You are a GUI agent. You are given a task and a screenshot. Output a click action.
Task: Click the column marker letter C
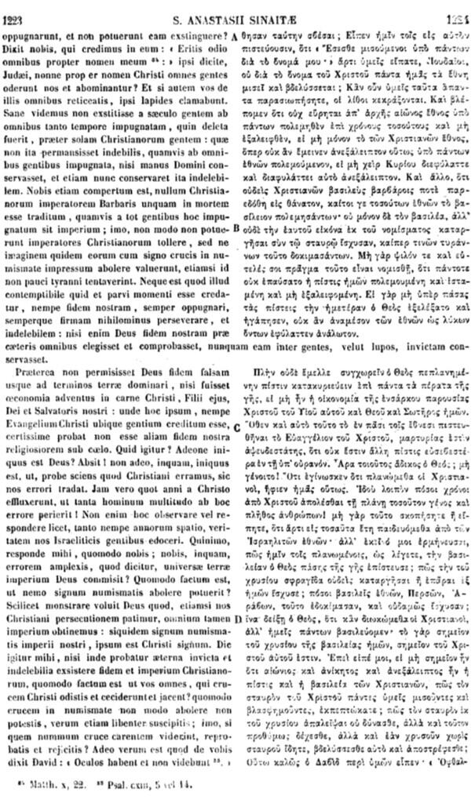236,425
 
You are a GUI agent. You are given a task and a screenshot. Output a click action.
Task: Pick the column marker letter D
236,620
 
